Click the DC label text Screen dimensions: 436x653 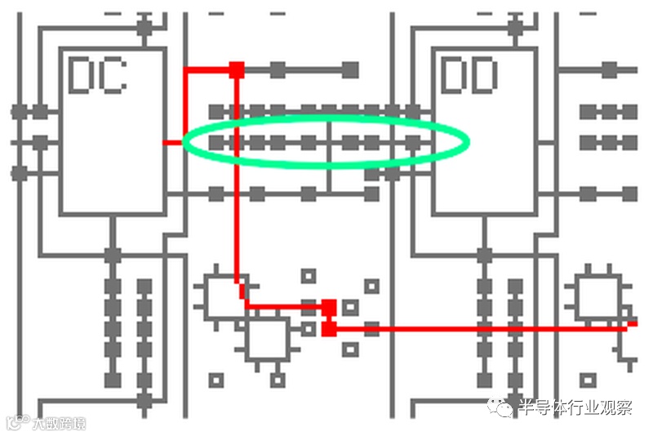coord(97,75)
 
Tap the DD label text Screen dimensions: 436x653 coord(469,75)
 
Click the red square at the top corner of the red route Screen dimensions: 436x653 coord(237,69)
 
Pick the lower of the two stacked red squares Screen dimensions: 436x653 coord(329,328)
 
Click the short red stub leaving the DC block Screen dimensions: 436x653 coord(173,143)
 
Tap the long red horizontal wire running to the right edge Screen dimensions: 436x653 coord(490,328)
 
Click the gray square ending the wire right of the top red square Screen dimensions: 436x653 coord(350,69)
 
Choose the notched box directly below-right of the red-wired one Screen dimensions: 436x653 coord(267,339)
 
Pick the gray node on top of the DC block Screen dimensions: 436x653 coord(144,27)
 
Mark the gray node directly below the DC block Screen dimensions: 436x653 coord(113,255)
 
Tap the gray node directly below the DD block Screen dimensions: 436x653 coord(484,255)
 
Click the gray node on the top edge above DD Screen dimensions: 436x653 coord(515,27)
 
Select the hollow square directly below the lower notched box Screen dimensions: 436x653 coord(278,380)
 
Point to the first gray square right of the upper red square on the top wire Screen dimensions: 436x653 coord(278,69)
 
